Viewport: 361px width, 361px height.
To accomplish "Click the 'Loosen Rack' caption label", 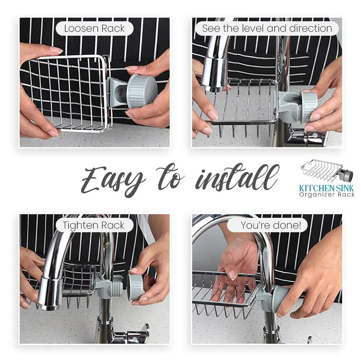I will pyautogui.click(x=94, y=28).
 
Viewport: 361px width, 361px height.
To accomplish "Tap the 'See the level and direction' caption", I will pyautogui.click(x=267, y=28).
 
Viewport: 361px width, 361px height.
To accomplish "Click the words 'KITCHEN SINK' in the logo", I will pyautogui.click(x=327, y=188).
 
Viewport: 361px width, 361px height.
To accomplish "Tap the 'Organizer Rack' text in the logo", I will pyautogui.click(x=327, y=195).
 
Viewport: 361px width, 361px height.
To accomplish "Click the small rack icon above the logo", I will pyautogui.click(x=326, y=170).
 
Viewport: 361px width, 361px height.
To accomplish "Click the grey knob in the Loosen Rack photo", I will pyautogui.click(x=142, y=91).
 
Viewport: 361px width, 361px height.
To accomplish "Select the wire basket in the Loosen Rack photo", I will pyautogui.click(x=68, y=92).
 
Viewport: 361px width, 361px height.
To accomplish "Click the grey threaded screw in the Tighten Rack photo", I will pyautogui.click(x=117, y=286).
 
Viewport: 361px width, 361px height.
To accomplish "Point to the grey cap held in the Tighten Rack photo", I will pyautogui.click(x=136, y=286).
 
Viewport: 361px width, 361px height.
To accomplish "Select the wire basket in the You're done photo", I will pyautogui.click(x=225, y=293).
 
